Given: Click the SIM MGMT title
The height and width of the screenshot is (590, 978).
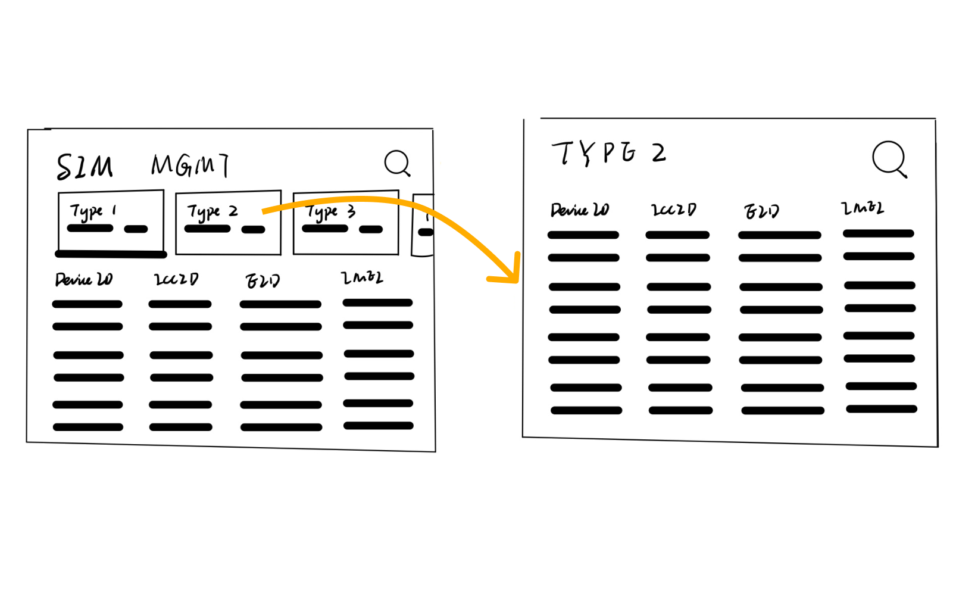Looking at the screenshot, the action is [x=143, y=166].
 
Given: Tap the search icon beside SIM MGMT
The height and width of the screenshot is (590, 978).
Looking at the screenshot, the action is [x=397, y=163].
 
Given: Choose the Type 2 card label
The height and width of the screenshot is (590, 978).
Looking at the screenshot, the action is [x=212, y=211].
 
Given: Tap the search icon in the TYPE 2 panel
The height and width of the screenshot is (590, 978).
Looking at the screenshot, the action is [x=889, y=158].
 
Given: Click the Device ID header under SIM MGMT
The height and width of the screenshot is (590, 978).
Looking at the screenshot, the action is [x=84, y=279].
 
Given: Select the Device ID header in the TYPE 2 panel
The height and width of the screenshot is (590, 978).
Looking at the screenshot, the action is [x=579, y=210].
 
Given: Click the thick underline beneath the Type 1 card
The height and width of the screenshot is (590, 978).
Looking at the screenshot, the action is [x=111, y=254].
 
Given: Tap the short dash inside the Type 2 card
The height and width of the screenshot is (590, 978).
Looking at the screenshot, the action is [x=254, y=230].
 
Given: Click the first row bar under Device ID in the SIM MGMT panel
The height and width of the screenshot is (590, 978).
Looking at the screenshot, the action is [x=88, y=304].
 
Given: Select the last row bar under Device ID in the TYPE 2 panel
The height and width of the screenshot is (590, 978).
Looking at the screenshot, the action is [x=586, y=410].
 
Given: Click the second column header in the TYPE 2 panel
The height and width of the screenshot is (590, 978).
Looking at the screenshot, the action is [x=673, y=210].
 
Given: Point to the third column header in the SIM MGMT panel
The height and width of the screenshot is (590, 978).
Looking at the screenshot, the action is [x=263, y=280].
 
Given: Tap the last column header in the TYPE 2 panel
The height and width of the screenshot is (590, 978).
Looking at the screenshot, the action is [x=863, y=208].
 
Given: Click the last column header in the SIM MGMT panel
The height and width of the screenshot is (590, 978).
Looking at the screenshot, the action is [x=362, y=277].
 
